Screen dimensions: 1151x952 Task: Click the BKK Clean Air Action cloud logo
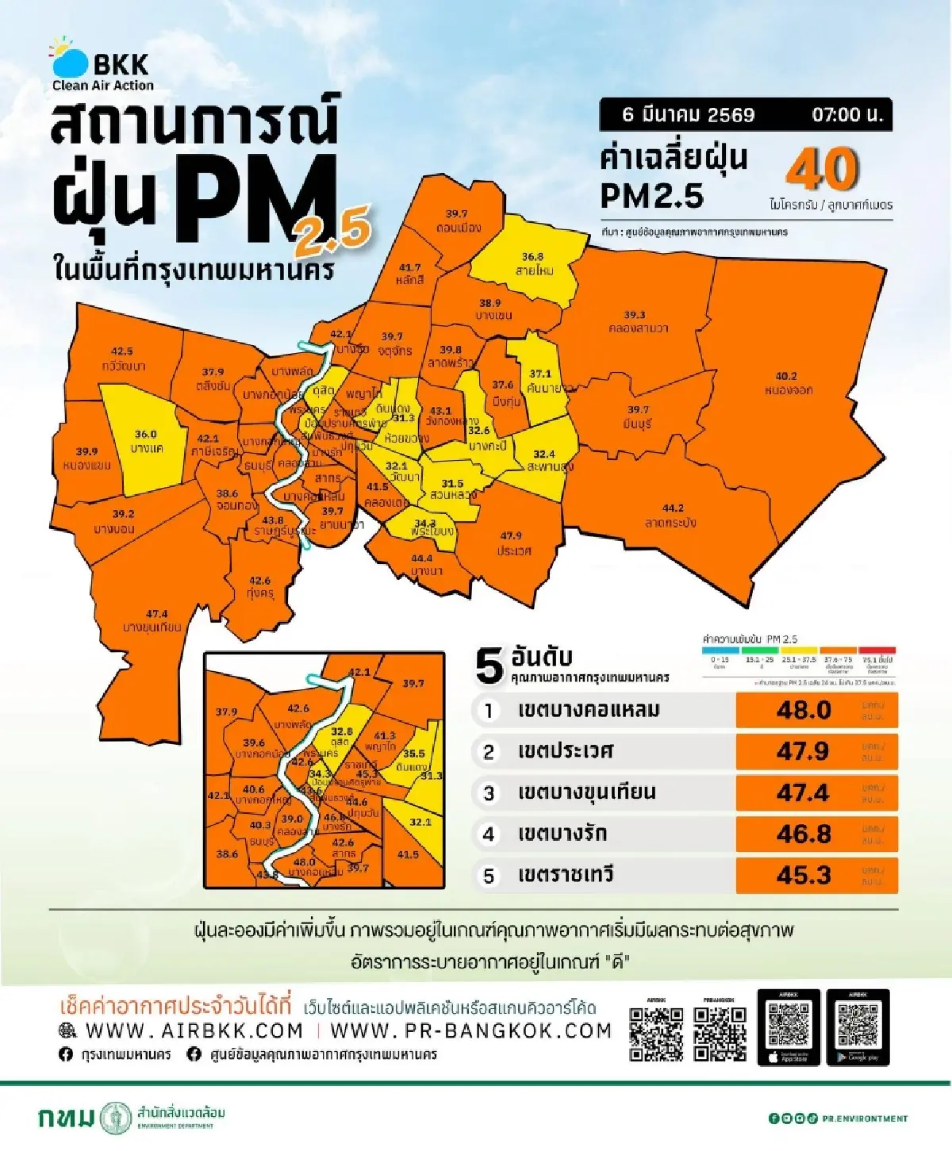pos(70,60)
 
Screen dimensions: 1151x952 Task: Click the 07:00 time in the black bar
pos(846,115)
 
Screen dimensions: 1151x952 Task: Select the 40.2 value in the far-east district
pos(786,376)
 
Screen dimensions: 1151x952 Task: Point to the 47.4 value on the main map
pos(157,613)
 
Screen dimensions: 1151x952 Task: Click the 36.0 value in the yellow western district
pos(145,435)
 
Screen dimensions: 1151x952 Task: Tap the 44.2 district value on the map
pos(673,508)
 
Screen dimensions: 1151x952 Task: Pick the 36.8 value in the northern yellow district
pos(532,257)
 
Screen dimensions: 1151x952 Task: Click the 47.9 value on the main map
pos(511,535)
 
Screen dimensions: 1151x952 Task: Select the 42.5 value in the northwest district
pos(122,351)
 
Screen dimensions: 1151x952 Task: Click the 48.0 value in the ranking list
pos(804,710)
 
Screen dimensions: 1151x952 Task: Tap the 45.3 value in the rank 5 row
pos(804,875)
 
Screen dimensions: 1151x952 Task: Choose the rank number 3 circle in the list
pos(489,792)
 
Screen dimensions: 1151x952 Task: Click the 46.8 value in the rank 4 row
pos(804,834)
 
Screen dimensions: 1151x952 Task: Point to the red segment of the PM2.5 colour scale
pos(877,650)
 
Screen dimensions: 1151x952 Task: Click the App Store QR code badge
pos(789,1027)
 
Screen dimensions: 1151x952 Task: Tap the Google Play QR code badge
pos(858,1027)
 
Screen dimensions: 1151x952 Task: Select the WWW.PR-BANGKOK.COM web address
pos(470,1030)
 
